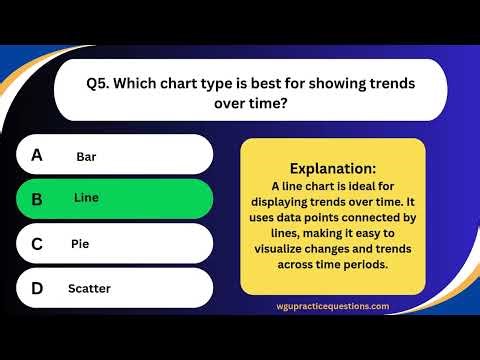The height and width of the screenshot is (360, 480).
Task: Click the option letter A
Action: (x=37, y=155)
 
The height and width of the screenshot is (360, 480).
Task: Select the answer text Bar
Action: (x=86, y=157)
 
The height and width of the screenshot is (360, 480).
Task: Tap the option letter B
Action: (x=37, y=199)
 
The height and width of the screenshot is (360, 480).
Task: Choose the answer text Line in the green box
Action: (x=86, y=198)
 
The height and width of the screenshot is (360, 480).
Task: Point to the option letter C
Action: (x=37, y=243)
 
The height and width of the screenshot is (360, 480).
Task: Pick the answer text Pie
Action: (x=80, y=243)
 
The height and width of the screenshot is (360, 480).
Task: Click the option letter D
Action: (x=37, y=288)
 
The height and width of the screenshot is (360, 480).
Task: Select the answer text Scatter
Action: (x=89, y=289)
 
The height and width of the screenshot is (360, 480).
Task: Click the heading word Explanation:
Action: (x=333, y=169)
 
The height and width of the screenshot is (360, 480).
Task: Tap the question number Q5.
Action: (x=98, y=83)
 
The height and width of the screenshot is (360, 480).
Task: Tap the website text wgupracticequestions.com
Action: (x=333, y=306)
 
